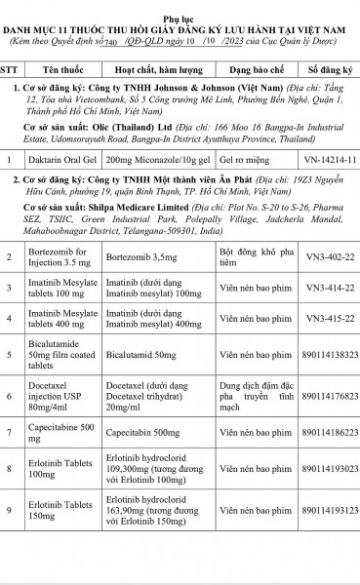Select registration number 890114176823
pos(330,396)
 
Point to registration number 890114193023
pos(330,469)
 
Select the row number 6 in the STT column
pos(9,396)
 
